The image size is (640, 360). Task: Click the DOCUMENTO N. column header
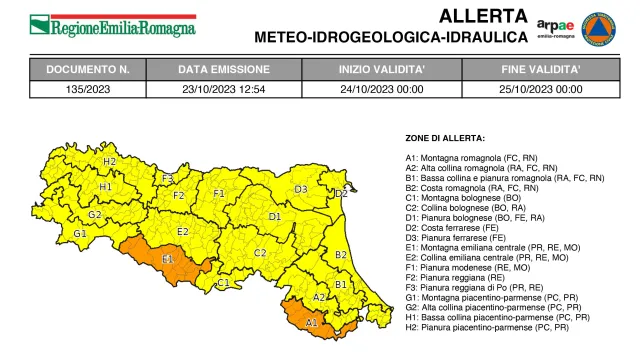[x=90, y=70]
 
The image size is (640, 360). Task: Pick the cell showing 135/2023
[x=90, y=89]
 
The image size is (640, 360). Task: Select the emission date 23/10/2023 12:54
[x=223, y=89]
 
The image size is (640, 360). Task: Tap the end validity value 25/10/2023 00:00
[x=541, y=89]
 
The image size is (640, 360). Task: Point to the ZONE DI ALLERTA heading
[x=445, y=137]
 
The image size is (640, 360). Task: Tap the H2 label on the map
[x=109, y=161]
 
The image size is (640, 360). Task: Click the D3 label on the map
[x=300, y=189]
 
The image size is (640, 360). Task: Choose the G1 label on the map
[x=79, y=234]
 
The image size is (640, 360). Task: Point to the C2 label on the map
[x=260, y=253]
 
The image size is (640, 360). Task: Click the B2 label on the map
[x=340, y=255]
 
